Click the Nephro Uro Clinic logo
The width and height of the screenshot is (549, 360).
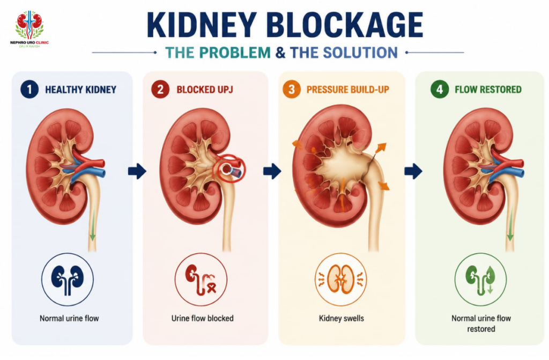29,30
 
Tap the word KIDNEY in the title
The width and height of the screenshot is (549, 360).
202,25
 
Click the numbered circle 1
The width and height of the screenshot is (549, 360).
29,90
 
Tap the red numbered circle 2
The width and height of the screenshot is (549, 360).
160,90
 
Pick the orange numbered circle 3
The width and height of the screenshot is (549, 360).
292,90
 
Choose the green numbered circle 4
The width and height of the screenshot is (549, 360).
440,90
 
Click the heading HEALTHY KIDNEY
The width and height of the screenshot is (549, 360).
81,90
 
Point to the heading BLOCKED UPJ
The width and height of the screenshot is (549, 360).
205,90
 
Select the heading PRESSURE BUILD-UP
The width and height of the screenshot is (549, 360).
347,90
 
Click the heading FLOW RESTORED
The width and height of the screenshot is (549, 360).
488,90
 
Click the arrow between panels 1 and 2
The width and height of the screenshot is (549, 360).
137,171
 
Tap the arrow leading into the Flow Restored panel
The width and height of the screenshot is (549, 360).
413,171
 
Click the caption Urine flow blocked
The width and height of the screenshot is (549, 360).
202,318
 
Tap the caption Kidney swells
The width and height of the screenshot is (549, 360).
342,319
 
